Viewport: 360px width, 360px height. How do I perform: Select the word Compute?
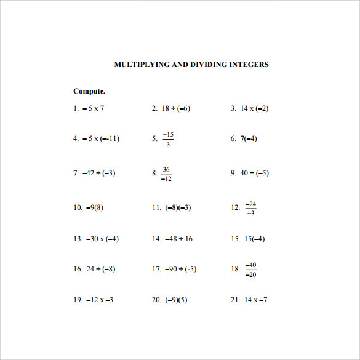pyautogui.click(x=89, y=91)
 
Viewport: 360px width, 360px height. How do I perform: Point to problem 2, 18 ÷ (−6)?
pyautogui.click(x=176, y=108)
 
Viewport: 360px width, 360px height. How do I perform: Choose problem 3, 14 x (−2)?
pyautogui.click(x=254, y=108)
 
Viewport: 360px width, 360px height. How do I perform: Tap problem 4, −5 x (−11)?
pyautogui.click(x=101, y=138)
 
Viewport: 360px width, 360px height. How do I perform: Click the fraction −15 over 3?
pyautogui.click(x=168, y=139)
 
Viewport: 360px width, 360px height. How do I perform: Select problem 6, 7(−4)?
pyautogui.click(x=249, y=138)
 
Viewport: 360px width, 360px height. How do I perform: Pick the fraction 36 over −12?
pyautogui.click(x=166, y=174)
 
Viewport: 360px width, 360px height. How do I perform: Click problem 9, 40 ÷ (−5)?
pyautogui.click(x=254, y=173)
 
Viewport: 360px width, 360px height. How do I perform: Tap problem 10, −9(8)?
pyautogui.click(x=95, y=207)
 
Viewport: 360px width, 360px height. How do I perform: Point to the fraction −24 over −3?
pyautogui.click(x=250, y=208)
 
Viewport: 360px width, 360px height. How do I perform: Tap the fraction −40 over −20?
pyautogui.click(x=250, y=270)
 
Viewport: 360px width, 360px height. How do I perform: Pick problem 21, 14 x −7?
pyautogui.click(x=255, y=300)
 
